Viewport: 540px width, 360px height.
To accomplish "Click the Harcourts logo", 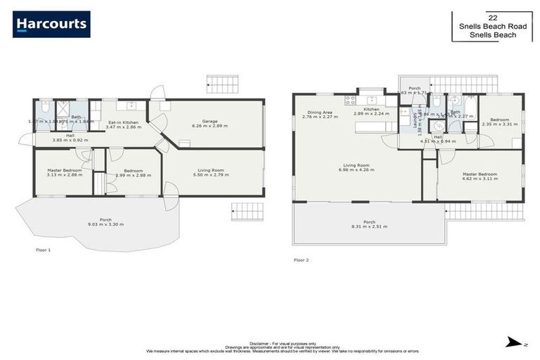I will click(x=51, y=24).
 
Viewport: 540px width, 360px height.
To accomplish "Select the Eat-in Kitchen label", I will click(x=122, y=122).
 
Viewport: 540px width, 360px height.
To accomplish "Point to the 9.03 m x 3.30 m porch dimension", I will click(x=105, y=224).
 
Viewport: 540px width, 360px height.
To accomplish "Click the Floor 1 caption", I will click(x=44, y=250).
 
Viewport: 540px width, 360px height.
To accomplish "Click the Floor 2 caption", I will click(x=301, y=259).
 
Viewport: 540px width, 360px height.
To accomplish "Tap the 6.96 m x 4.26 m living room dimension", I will click(x=358, y=169).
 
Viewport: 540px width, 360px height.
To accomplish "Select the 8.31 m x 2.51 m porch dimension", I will click(x=368, y=226).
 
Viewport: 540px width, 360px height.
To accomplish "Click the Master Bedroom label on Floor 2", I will click(x=480, y=174).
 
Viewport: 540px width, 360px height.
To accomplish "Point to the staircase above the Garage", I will click(x=222, y=84).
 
